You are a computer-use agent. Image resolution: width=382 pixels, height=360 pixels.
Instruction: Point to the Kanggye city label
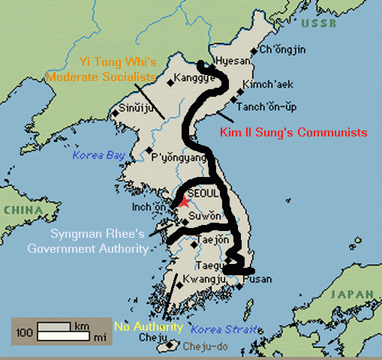193,77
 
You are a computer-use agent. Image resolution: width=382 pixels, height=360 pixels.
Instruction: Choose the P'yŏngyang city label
179,158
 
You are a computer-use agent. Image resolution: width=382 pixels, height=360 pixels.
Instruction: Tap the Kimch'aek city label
267,86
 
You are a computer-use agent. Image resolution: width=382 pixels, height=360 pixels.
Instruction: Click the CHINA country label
22,211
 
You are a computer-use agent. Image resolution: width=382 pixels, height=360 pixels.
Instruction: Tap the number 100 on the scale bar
26,331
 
